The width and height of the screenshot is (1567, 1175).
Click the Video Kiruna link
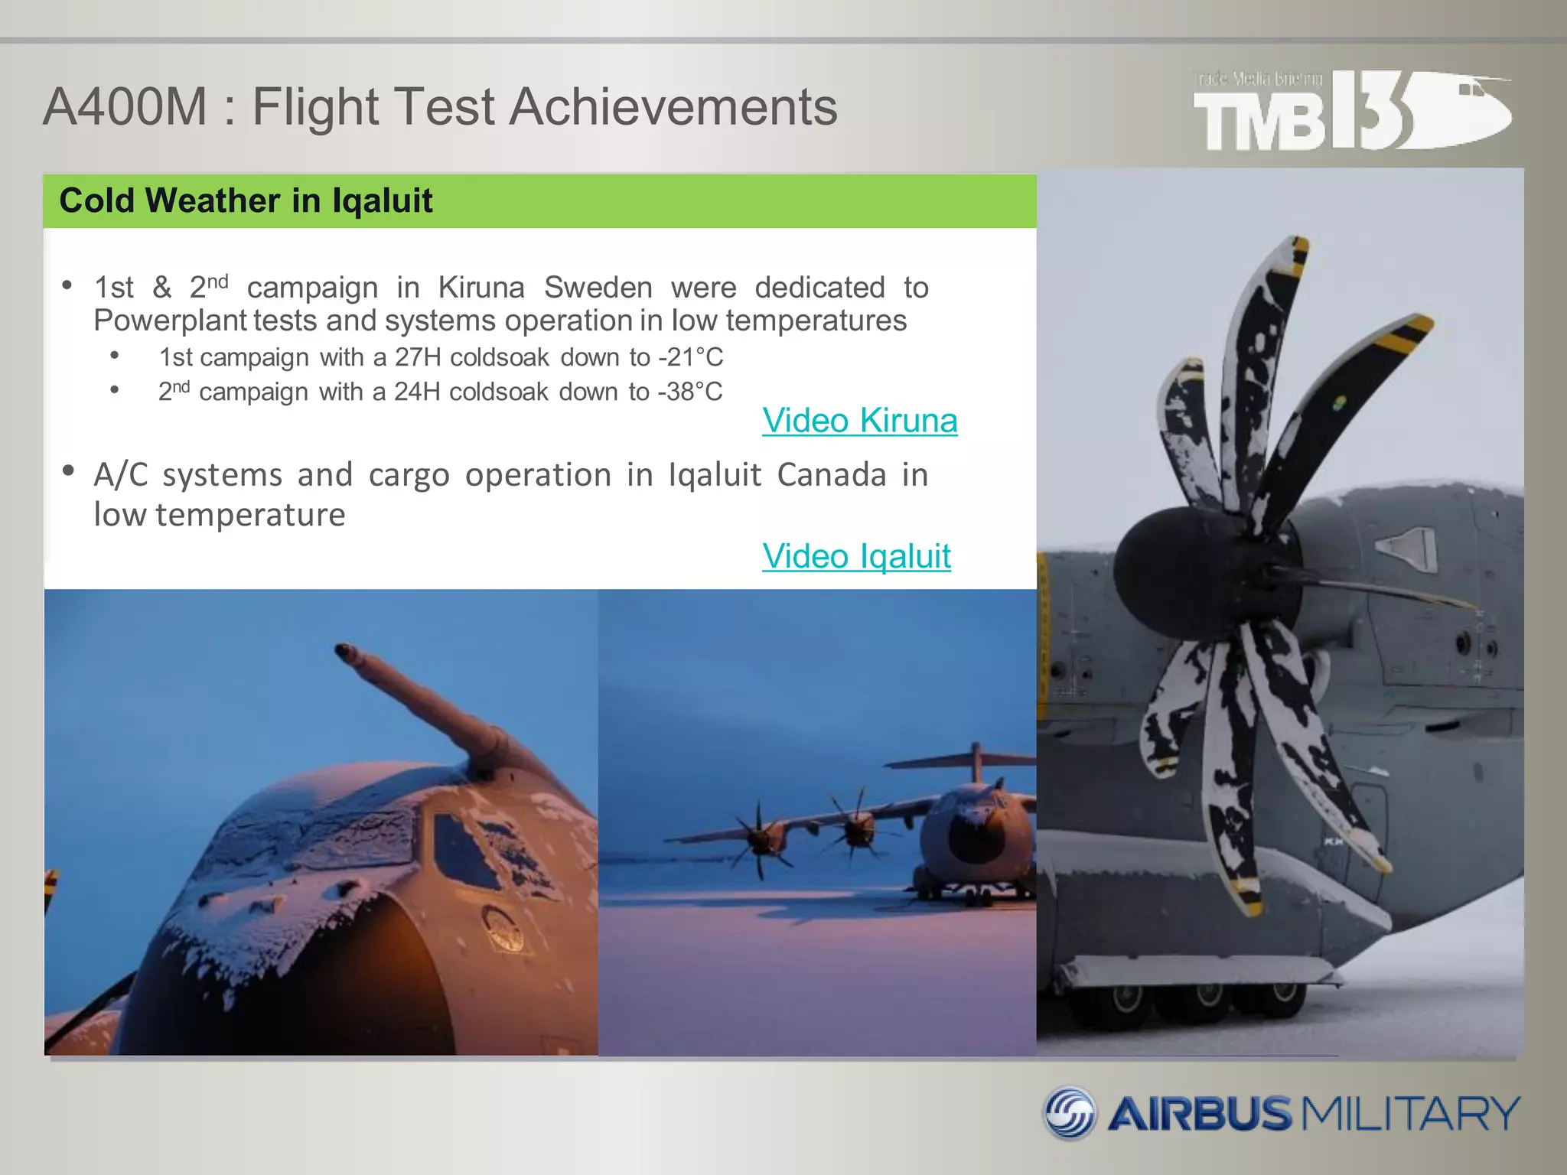[x=859, y=421]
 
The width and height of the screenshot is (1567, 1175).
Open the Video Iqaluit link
[x=856, y=556]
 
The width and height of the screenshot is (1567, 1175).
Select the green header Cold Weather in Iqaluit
[x=246, y=200]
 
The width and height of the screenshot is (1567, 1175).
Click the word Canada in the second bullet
[x=831, y=475]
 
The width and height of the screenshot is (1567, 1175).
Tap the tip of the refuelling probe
[x=344, y=651]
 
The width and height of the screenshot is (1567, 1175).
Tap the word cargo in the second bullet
[x=409, y=475]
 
